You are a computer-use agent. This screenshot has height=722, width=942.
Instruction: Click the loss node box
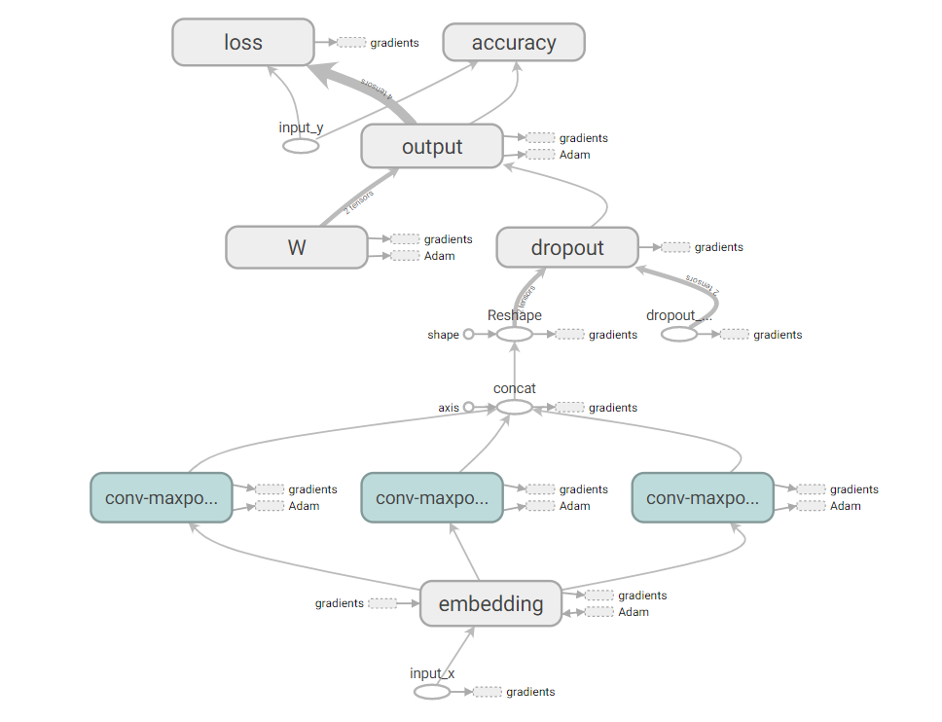coord(243,43)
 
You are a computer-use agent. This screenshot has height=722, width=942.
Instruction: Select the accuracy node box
coord(514,43)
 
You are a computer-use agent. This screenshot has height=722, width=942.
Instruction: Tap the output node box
coord(432,147)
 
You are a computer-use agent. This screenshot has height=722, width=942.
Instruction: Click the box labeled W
coord(297,247)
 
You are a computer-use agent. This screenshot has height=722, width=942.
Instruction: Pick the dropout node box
coord(567,247)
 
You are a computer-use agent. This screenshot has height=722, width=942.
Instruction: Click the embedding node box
coord(490,603)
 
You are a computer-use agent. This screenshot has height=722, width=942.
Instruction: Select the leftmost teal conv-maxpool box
coord(162,497)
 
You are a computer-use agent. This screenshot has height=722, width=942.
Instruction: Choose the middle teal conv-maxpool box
coord(432,497)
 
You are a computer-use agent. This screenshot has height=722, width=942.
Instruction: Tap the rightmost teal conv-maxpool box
coord(703,497)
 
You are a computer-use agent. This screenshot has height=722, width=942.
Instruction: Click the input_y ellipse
coord(301,146)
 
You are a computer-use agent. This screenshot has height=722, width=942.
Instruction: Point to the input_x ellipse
coord(432,692)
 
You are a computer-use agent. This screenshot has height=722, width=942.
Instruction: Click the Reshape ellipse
coord(515,334)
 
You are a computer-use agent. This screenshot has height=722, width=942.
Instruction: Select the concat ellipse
coord(515,407)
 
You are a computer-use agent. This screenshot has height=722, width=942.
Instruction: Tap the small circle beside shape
coord(468,334)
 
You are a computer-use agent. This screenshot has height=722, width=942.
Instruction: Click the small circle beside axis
coord(468,407)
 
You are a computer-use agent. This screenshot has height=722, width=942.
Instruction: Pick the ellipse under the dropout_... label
coord(679,334)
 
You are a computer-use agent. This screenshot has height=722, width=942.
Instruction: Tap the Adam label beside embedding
coord(634,612)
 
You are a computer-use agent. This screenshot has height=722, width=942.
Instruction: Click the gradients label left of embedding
coord(339,603)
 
